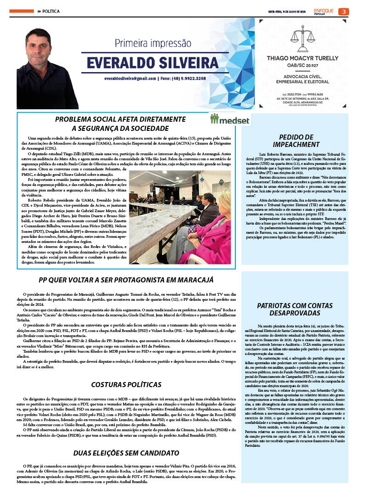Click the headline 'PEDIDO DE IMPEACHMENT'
coord(299,140)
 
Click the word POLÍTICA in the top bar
coord(51,11)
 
